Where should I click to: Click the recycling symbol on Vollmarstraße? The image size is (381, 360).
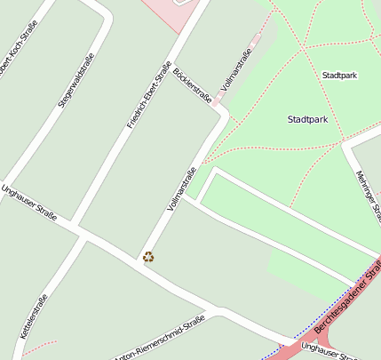pyautogui.click(x=149, y=257)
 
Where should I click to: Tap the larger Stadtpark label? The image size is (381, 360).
pyautogui.click(x=307, y=119)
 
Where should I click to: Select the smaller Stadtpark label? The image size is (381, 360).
pyautogui.click(x=339, y=76)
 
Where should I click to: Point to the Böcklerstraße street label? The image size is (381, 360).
pyautogui.click(x=193, y=85)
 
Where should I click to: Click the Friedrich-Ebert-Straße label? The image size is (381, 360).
pyautogui.click(x=148, y=94)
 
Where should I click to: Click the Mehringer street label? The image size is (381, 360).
pyautogui.click(x=368, y=196)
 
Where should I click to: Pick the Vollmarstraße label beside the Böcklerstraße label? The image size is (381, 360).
pyautogui.click(x=234, y=71)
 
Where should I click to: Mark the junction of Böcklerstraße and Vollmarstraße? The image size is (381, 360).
pyautogui.click(x=218, y=112)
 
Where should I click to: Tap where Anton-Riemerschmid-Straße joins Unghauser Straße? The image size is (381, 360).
pyautogui.click(x=207, y=313)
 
